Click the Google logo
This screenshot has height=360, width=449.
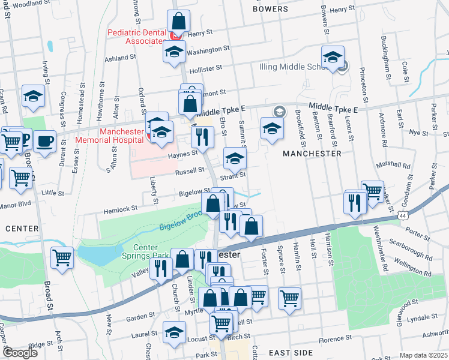[x=19, y=353]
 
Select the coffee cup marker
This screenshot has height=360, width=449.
[x=44, y=142]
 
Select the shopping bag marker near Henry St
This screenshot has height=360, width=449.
[x=179, y=21]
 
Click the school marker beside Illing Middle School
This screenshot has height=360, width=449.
[x=333, y=57]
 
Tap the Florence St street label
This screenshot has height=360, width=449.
[x=334, y=340]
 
